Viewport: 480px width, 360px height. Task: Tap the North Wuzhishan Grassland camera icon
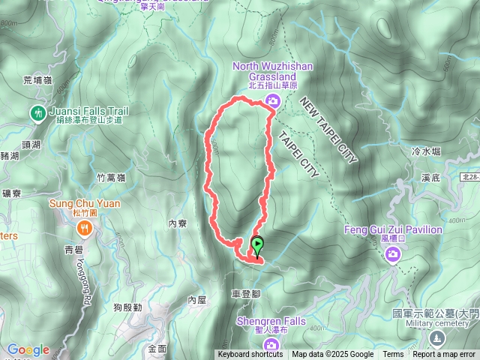pos(273,101)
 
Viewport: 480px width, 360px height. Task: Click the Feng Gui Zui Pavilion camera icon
pos(392,256)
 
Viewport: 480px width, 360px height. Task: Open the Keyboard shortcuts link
pos(250,355)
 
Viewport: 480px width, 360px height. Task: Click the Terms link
pos(393,355)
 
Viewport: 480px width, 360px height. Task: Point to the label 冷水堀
pos(426,151)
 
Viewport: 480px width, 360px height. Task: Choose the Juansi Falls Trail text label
pos(88,111)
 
